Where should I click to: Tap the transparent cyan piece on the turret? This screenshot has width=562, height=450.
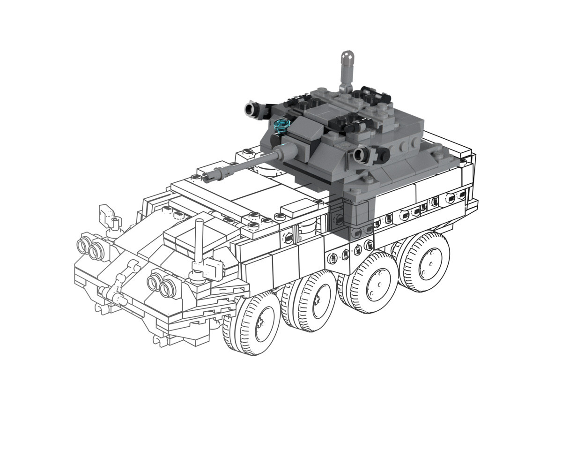[x=282, y=125]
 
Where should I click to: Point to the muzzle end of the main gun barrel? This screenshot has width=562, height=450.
[x=207, y=176]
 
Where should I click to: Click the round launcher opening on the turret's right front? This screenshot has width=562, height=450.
[x=361, y=154]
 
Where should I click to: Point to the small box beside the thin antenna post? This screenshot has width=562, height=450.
[x=213, y=270]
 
